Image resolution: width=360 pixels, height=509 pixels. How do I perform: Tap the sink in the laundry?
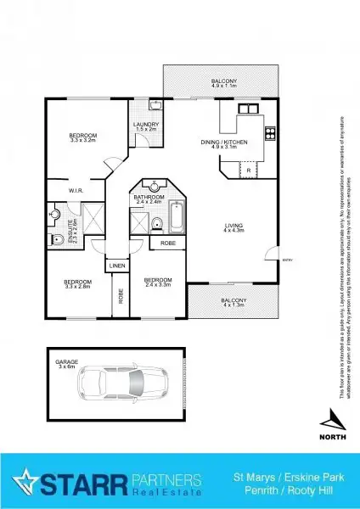[x=155, y=106]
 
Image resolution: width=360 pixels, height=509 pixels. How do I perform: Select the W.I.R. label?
[x=63, y=191]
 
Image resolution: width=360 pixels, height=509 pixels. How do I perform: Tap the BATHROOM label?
[x=149, y=199]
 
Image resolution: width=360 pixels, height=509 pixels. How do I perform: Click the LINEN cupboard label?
[x=117, y=266]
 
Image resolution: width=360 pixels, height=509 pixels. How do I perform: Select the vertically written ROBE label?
[x=121, y=296]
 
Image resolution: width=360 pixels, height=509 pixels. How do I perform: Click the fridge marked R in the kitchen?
[x=247, y=171]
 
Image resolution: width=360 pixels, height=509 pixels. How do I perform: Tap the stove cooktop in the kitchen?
[x=271, y=131]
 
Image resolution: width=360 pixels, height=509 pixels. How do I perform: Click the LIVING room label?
[x=233, y=227]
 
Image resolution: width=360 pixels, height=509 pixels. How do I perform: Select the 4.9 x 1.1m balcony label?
[x=225, y=82]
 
